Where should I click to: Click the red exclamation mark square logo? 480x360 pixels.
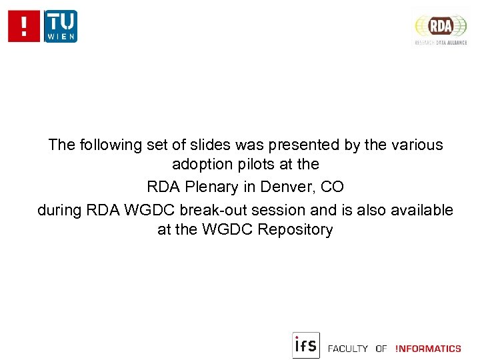pyautogui.click(x=25, y=27)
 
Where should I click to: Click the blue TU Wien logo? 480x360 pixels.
pyautogui.click(x=61, y=27)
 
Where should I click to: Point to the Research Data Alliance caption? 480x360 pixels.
pyautogui.click(x=441, y=42)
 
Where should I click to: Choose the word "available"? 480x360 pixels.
pyautogui.click(x=422, y=210)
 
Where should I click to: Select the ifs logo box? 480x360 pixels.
pyautogui.click(x=306, y=345)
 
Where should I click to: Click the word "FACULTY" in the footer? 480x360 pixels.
pyautogui.click(x=348, y=349)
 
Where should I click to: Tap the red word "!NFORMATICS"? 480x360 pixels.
pyautogui.click(x=427, y=349)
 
